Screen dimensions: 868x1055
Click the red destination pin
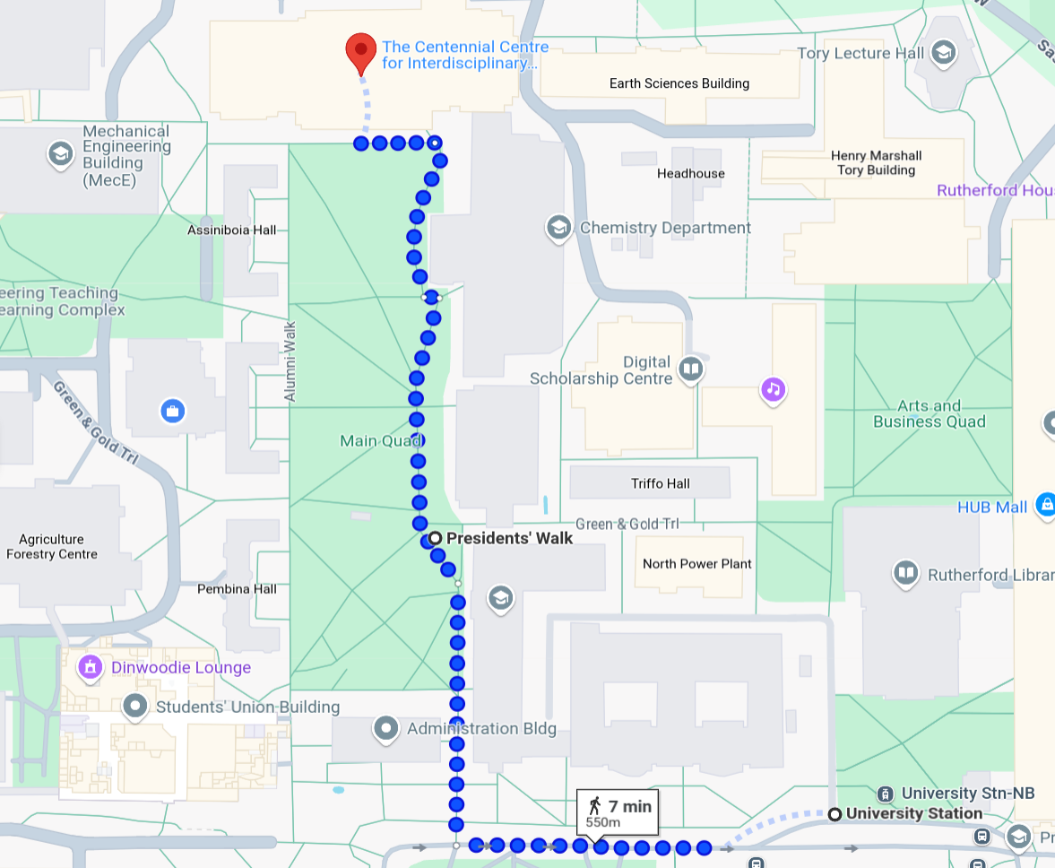(x=361, y=50)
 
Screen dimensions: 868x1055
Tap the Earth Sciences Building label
(x=679, y=83)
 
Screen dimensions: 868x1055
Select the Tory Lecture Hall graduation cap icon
(x=942, y=53)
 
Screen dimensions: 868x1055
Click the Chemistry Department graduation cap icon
(x=558, y=228)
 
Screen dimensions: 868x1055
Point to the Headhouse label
(x=690, y=173)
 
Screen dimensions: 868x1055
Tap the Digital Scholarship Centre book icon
(x=690, y=369)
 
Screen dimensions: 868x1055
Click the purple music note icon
(x=773, y=389)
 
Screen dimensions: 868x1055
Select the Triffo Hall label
(x=660, y=483)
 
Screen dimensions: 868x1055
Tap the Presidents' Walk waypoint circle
(x=435, y=538)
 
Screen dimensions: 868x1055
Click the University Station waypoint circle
(x=834, y=814)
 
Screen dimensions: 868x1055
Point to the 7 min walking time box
(x=618, y=812)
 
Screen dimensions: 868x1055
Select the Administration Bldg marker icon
(x=386, y=729)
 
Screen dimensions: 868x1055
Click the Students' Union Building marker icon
(x=135, y=707)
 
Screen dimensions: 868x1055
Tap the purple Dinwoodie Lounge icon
(x=89, y=667)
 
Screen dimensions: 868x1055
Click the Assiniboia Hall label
(x=231, y=230)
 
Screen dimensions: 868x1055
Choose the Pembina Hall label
(x=237, y=589)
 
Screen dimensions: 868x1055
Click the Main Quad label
(x=380, y=441)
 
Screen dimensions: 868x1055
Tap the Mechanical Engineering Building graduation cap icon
(x=60, y=154)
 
